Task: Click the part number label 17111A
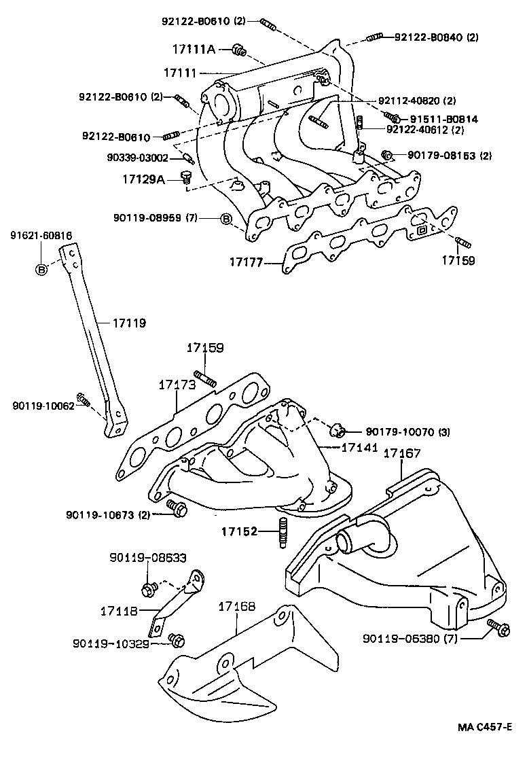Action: (194, 49)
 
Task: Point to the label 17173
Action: (177, 385)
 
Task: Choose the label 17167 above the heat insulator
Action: (403, 453)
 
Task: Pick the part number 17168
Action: (237, 605)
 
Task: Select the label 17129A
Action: (143, 179)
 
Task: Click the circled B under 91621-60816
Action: (41, 269)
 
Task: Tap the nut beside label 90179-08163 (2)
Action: (388, 156)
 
